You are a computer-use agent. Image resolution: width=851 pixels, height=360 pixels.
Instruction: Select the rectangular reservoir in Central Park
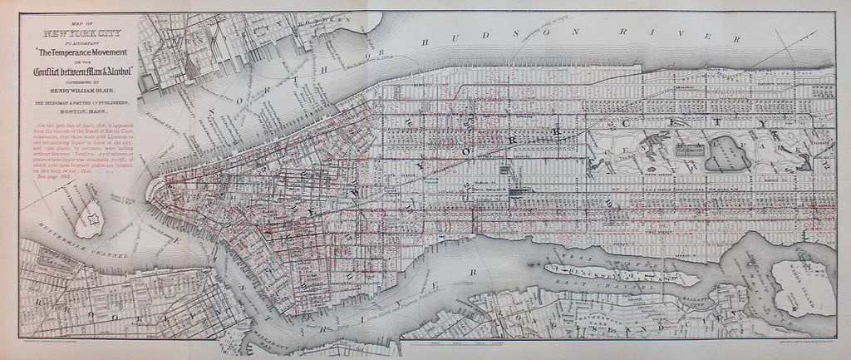[690, 150]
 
